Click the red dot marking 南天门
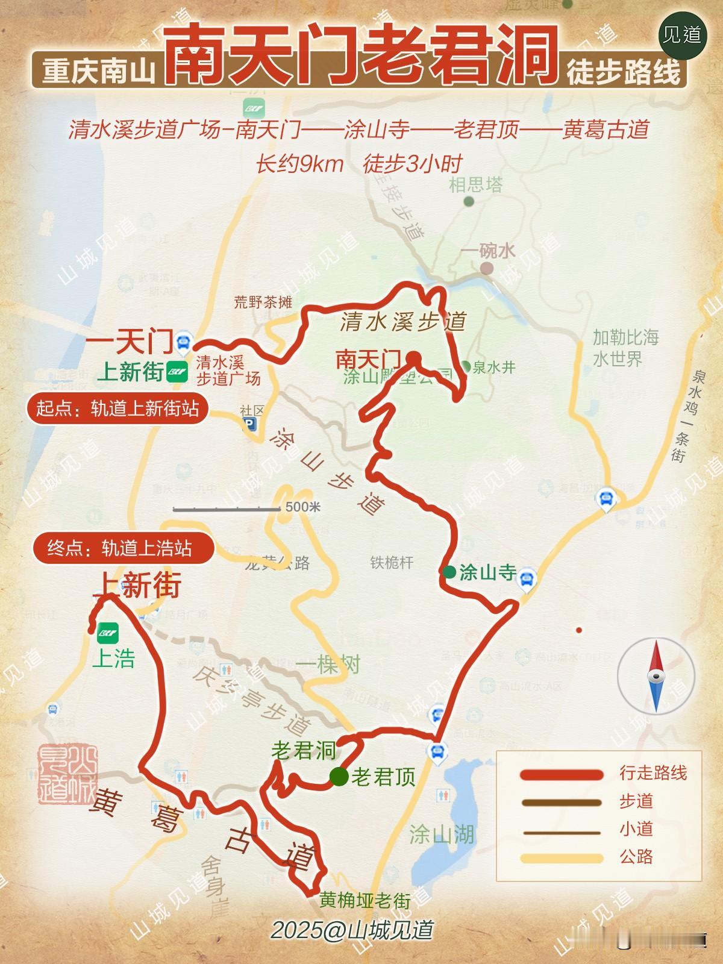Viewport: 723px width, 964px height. coord(413,358)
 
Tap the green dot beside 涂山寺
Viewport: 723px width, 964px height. coord(449,572)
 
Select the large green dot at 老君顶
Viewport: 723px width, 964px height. coord(339,777)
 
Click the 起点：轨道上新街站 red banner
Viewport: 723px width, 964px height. coord(117,409)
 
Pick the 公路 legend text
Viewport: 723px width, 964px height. coord(636,857)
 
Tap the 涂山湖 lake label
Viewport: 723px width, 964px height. coord(442,835)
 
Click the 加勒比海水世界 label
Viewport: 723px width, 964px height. coord(625,348)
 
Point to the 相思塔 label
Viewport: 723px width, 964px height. coord(475,184)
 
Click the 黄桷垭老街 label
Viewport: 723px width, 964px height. coord(365,900)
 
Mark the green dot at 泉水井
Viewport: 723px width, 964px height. coord(465,365)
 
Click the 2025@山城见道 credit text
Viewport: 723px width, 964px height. coord(352,930)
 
